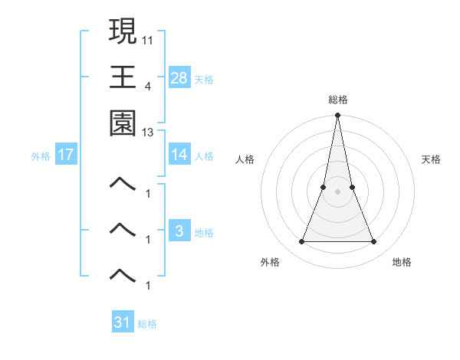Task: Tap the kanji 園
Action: tap(123, 123)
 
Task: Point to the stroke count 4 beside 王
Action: tap(148, 85)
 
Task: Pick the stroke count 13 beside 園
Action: tap(148, 133)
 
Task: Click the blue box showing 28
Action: tap(179, 77)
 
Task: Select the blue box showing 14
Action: tap(179, 155)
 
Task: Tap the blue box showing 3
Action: tap(179, 231)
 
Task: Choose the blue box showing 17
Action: tap(66, 155)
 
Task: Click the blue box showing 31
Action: tap(123, 322)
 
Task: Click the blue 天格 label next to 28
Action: tap(204, 79)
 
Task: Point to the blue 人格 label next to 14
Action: tap(204, 155)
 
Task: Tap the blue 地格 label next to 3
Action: tap(204, 232)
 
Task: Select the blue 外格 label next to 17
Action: tap(41, 156)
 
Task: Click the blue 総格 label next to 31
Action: tap(147, 324)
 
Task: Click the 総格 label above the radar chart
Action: tap(337, 100)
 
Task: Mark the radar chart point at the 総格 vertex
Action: tap(337, 116)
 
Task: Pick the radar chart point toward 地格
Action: tap(373, 242)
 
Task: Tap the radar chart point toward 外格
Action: tap(301, 242)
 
